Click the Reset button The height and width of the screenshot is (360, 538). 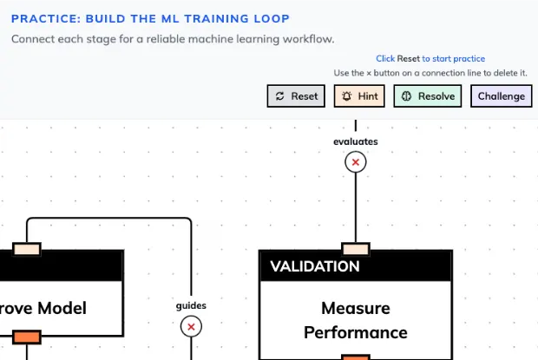[x=295, y=96]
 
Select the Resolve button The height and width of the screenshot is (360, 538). [x=427, y=96]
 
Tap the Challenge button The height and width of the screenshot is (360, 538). [x=502, y=96]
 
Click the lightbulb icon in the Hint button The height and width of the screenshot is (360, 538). [x=347, y=96]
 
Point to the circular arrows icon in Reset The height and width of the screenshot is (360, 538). [x=279, y=96]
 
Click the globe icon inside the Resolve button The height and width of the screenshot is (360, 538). [x=406, y=96]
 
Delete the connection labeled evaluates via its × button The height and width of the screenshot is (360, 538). [x=356, y=161]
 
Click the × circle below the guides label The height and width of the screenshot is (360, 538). [x=191, y=326]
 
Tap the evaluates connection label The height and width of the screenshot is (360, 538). [x=356, y=141]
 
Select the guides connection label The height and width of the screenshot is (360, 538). [x=191, y=305]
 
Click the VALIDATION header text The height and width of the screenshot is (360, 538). [x=314, y=266]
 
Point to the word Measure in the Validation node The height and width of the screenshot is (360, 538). [x=356, y=308]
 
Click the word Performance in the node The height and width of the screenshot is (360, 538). [x=356, y=332]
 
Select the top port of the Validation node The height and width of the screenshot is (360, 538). [x=356, y=249]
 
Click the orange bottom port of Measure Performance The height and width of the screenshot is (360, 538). [x=356, y=357]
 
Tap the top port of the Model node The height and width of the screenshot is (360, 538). [x=26, y=249]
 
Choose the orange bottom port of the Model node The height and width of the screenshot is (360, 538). [x=26, y=336]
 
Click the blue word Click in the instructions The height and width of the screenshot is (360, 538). [x=385, y=58]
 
